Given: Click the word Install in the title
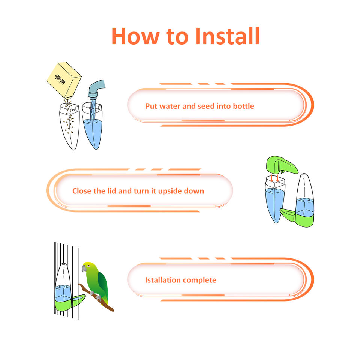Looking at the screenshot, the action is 228,36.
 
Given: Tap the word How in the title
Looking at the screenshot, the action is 135,36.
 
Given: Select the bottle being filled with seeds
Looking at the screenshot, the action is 70,126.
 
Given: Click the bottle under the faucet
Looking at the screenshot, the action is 92,126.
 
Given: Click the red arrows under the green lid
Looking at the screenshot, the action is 274,178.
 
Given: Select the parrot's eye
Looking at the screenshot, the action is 88,265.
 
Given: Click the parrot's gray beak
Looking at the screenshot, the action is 84,268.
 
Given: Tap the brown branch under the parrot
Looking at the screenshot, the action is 96,298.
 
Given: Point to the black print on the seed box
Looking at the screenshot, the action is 60,79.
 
